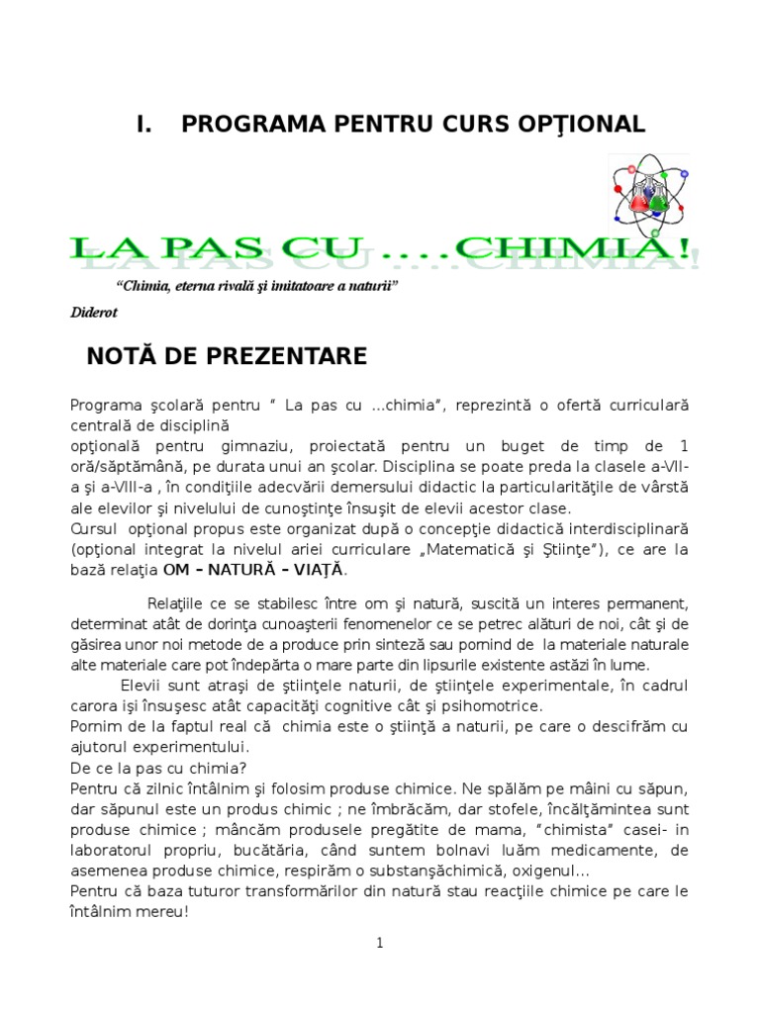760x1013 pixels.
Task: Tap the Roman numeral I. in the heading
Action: pyautogui.click(x=144, y=124)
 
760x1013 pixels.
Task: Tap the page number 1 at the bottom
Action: pyautogui.click(x=379, y=943)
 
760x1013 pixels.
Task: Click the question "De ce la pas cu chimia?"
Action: pyautogui.click(x=159, y=766)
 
